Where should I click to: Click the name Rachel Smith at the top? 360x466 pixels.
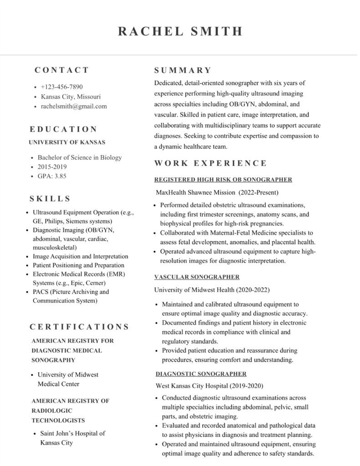coord(180,31)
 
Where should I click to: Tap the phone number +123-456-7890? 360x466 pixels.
coord(62,87)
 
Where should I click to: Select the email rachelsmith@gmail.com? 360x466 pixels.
coord(74,106)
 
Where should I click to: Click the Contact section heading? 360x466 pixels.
coord(62,70)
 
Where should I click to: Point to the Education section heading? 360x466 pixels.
coord(63,129)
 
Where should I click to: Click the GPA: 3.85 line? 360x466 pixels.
coord(52,176)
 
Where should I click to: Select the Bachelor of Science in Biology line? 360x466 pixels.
coord(80,157)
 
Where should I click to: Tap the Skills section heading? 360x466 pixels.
coord(50,199)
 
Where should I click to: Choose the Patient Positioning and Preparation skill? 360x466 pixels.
coord(78,265)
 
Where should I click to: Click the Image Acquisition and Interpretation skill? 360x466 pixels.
coord(80,256)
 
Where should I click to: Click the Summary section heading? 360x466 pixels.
coord(183,70)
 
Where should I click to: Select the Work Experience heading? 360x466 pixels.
coord(211,163)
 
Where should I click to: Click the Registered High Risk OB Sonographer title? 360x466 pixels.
coord(223,179)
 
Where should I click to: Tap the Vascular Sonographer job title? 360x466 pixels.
coord(197,277)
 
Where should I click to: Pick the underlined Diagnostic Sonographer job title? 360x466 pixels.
coord(201,374)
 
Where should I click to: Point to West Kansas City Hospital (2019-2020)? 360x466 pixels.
coord(210,386)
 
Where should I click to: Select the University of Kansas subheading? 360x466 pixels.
coord(67,142)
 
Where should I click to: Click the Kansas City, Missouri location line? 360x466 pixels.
coord(71,97)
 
